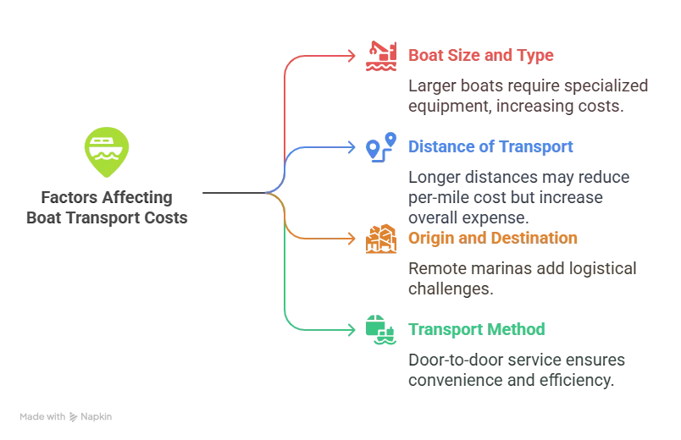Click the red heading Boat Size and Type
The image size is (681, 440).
[x=480, y=55]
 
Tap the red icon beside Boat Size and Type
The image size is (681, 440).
[x=381, y=57]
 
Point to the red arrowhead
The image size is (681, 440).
[x=353, y=56]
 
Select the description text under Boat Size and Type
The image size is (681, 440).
[x=528, y=96]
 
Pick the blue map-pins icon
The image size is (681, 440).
[x=381, y=147]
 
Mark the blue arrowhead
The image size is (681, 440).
[x=353, y=147]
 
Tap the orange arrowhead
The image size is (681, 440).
[x=353, y=238]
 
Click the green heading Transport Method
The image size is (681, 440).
[x=477, y=328]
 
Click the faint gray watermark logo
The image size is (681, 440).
[x=68, y=418]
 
